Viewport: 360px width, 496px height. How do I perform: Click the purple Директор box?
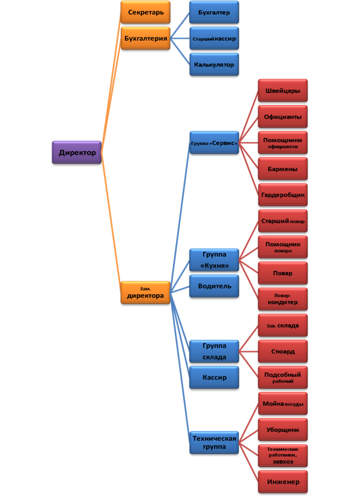point(77,153)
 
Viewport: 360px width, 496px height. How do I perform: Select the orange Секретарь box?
point(145,12)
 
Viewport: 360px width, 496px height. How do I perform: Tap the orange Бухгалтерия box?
point(145,39)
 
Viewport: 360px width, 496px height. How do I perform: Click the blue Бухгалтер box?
point(214,12)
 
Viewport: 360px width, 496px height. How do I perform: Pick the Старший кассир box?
point(214,39)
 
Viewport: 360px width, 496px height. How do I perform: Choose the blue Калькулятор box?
point(214,65)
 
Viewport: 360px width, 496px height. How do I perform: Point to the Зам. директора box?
point(145,292)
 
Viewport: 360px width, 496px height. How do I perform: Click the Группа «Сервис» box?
point(214,143)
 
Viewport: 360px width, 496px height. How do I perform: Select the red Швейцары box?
point(282,90)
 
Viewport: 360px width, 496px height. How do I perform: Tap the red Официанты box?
point(282,117)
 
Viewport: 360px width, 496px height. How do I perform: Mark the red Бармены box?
point(282,169)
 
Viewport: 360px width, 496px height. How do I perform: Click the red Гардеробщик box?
point(282,195)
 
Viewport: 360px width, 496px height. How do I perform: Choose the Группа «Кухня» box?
point(214,260)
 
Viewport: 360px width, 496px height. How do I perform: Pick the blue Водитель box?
point(214,286)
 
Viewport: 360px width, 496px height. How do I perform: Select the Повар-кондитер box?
point(282,299)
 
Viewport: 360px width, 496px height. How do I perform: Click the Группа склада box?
point(214,351)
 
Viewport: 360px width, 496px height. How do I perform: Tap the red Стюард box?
point(282,351)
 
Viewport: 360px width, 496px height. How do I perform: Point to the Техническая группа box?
point(214,443)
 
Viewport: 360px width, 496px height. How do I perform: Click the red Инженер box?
point(282,482)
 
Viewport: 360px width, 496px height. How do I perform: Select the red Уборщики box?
point(282,430)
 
